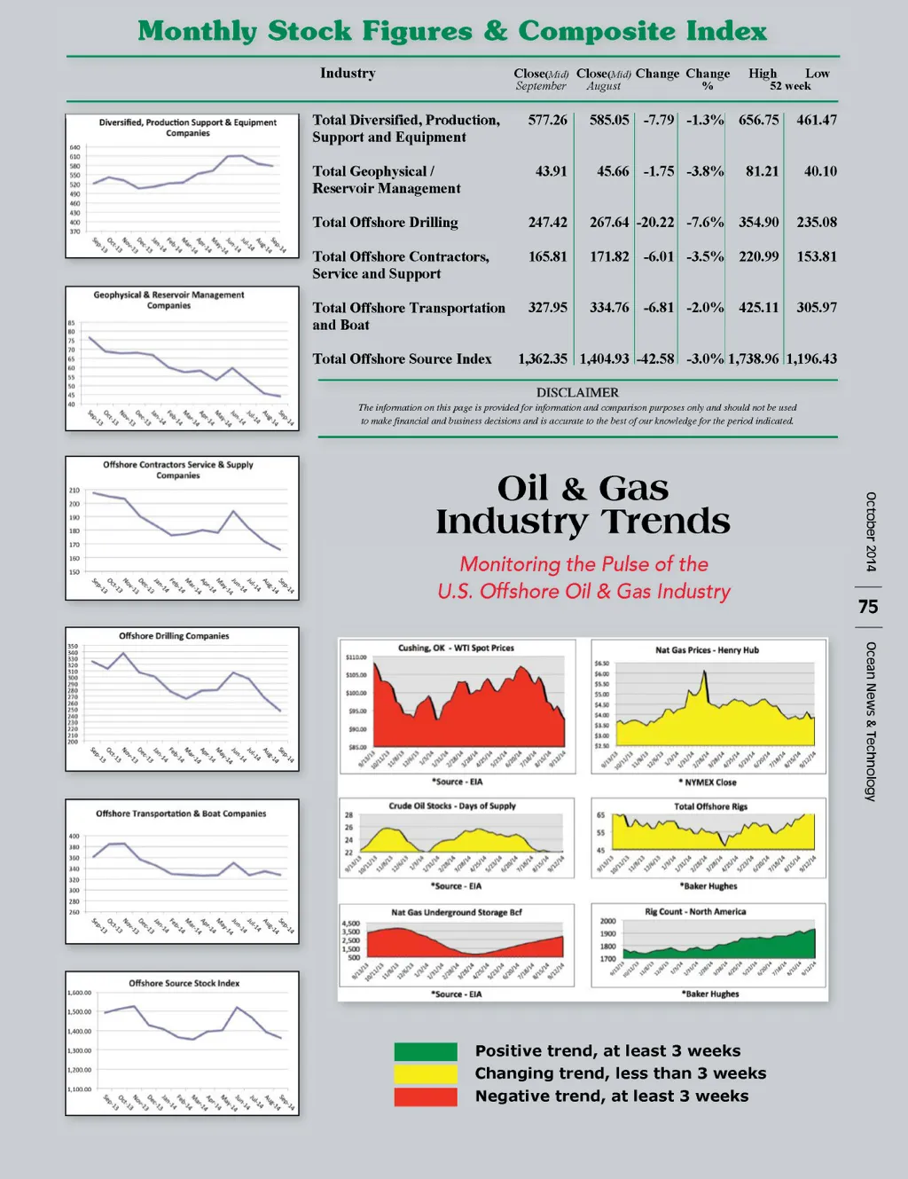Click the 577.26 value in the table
pyautogui.click(x=547, y=120)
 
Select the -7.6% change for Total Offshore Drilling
pyautogui.click(x=705, y=223)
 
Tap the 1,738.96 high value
pyautogui.click(x=753, y=359)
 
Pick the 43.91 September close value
pyautogui.click(x=551, y=171)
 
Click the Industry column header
pyautogui.click(x=348, y=74)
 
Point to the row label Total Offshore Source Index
pyautogui.click(x=402, y=359)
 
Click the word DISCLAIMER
pyautogui.click(x=577, y=392)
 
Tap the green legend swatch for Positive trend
pyautogui.click(x=426, y=1052)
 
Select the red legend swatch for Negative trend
pyautogui.click(x=426, y=1096)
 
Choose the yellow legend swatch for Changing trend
pyautogui.click(x=426, y=1074)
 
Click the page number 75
pyautogui.click(x=868, y=607)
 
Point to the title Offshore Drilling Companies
pyautogui.click(x=174, y=636)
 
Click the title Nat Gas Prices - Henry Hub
pyautogui.click(x=707, y=650)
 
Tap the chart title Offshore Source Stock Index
pyautogui.click(x=184, y=983)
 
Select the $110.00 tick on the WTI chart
pyautogui.click(x=356, y=657)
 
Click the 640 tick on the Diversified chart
pyautogui.click(x=74, y=147)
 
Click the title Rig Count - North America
pyautogui.click(x=695, y=912)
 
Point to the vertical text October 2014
pyautogui.click(x=871, y=531)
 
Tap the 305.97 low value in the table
pyautogui.click(x=816, y=308)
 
